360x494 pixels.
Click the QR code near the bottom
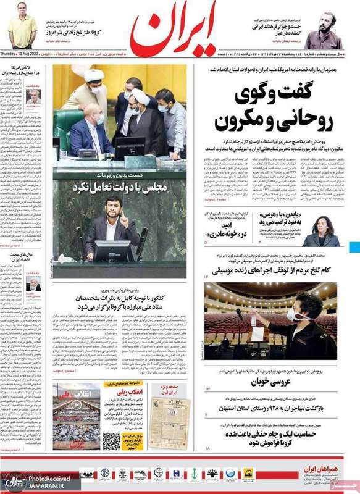pyautogui.click(x=111, y=441)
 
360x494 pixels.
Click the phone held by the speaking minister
pyautogui.click(x=122, y=221)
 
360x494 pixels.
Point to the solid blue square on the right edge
pyautogui.click(x=354, y=246)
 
